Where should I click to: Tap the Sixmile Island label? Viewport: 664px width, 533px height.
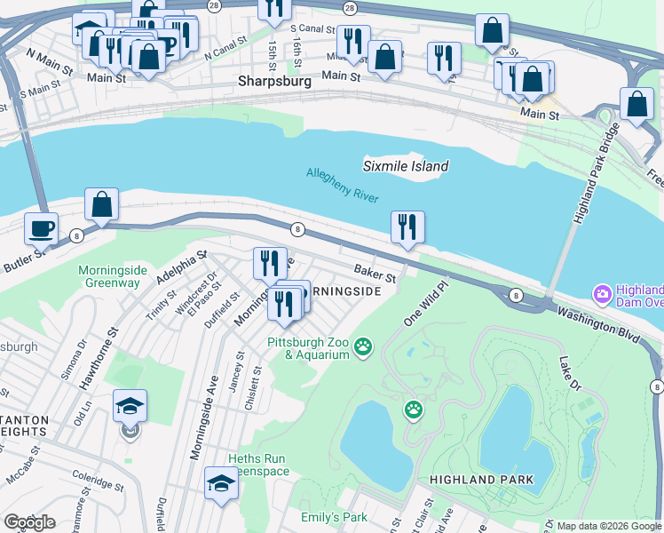pyautogui.click(x=406, y=166)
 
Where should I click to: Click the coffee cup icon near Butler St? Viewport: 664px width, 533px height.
pyautogui.click(x=42, y=227)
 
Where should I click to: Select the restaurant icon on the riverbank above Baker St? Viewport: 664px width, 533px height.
pyautogui.click(x=407, y=226)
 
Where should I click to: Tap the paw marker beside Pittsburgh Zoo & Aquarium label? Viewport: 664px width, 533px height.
pyautogui.click(x=362, y=346)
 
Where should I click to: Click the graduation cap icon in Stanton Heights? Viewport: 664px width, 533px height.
pyautogui.click(x=130, y=406)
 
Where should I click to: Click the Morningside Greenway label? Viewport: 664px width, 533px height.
pyautogui.click(x=109, y=276)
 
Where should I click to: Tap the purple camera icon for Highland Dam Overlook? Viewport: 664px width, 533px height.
pyautogui.click(x=603, y=293)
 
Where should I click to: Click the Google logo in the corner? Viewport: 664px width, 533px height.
pyautogui.click(x=29, y=522)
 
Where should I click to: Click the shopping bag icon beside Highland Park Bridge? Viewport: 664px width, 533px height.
pyautogui.click(x=637, y=104)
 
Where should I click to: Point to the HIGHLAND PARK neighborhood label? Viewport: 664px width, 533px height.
pyautogui.click(x=481, y=480)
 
